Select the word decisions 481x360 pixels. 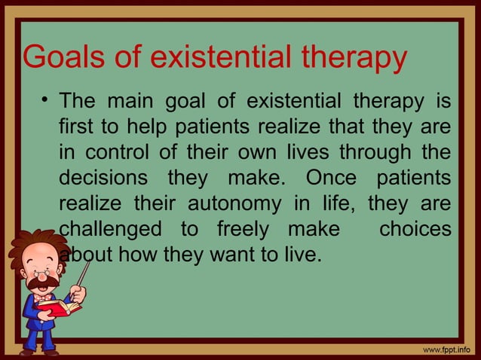pyautogui.click(x=104, y=178)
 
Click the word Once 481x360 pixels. pyautogui.click(x=335, y=178)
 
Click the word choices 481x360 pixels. pyautogui.click(x=415, y=229)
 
